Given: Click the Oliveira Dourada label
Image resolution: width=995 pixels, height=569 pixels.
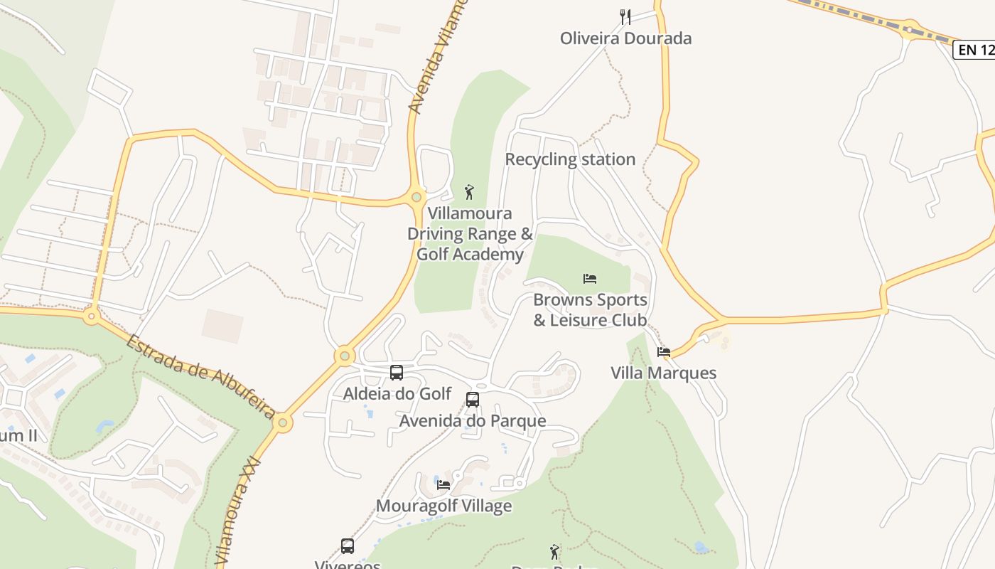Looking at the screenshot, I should coord(625,38).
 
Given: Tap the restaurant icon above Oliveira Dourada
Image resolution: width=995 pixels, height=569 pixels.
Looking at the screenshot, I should coord(625,17).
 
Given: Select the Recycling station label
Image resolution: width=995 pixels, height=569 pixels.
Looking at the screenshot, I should coord(570,159).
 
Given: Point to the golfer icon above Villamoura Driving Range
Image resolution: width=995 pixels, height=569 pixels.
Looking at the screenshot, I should coord(469,192).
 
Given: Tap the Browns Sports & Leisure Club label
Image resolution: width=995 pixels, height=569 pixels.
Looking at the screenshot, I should coord(590,310).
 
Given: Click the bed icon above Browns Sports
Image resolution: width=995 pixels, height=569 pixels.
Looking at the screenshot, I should coord(590,278).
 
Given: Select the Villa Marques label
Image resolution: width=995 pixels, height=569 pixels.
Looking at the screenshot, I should coord(664,373).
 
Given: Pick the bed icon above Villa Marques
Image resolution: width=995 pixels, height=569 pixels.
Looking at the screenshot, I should coord(664,351).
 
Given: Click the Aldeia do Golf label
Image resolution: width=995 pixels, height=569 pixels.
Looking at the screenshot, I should coord(397,393).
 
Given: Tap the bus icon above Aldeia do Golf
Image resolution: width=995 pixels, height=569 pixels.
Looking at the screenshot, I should coord(397,372).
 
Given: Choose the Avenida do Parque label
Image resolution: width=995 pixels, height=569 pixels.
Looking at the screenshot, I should coord(473,421).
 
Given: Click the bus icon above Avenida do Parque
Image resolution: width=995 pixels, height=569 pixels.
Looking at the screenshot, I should coord(473,400).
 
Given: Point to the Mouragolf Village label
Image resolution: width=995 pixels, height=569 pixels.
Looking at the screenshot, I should coord(443,506).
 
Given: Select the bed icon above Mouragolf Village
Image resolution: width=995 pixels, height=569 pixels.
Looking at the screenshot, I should coord(443,485).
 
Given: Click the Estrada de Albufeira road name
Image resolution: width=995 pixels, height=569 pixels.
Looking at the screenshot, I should coord(201,376).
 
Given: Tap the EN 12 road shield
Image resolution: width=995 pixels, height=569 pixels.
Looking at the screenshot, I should coord(974,50).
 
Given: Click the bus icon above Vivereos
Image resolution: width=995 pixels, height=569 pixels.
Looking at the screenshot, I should coord(348,546).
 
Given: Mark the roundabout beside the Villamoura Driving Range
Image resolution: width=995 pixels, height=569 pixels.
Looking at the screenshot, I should coord(416,197).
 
